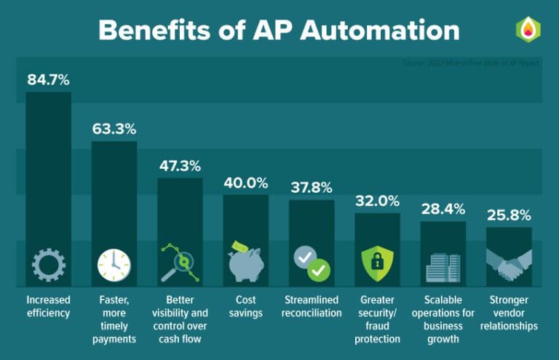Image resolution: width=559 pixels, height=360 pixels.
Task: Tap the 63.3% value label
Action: pos(114,129)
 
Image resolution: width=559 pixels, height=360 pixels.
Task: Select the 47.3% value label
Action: pos(180,166)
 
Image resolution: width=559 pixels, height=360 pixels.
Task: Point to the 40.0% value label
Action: pos(245,183)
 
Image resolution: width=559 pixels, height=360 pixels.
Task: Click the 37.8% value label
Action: pos(312,188)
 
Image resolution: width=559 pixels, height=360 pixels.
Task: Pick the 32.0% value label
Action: pos(377,201)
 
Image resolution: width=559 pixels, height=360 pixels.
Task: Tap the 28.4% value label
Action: pos(443,209)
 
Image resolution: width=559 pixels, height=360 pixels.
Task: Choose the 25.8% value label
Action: pos(509,215)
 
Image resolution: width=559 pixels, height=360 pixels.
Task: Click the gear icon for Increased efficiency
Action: pos(48,265)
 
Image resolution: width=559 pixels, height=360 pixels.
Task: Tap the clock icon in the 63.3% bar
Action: pos(114,265)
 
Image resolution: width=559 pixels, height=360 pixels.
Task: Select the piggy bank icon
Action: pos(245,263)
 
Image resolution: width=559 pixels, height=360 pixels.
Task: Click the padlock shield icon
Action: pos(377,264)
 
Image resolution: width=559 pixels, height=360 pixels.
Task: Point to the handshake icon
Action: pos(509,265)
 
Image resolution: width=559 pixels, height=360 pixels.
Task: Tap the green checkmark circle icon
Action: pos(318,271)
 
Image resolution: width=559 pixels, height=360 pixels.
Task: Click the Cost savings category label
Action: pos(245,305)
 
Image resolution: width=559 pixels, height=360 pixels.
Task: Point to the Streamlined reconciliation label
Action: pos(312,305)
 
